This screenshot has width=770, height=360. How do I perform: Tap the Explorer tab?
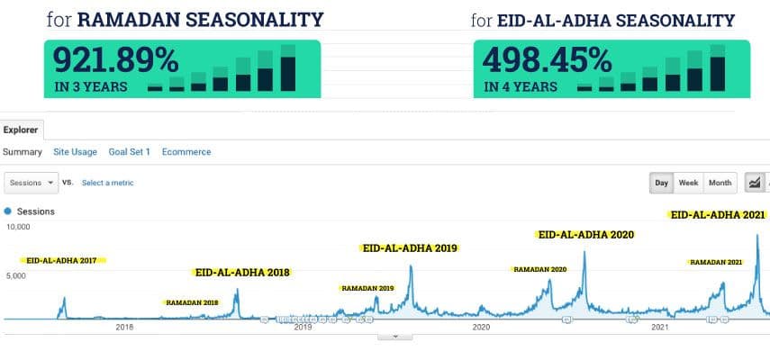coord(21,130)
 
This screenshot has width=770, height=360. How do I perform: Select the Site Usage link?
coord(75,152)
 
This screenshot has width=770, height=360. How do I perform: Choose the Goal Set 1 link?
coord(129,152)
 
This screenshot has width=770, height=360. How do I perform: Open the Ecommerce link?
coord(186,152)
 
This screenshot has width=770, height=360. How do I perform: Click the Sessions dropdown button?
coord(32,183)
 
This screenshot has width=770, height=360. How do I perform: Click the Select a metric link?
coord(107,183)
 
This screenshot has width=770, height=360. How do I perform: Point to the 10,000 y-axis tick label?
coord(19,228)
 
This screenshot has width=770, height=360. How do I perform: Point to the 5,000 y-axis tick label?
coord(19,276)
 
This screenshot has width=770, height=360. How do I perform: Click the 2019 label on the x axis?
coord(303,328)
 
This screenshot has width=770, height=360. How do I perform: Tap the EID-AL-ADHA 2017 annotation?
coord(61,260)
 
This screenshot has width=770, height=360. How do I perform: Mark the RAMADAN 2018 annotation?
coord(192,302)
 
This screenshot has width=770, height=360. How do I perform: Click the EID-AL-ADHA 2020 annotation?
coord(585,234)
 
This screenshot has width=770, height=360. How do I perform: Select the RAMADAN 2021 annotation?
coord(716,262)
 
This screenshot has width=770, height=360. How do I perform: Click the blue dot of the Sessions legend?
coord(9,211)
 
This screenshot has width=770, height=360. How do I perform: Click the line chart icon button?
coord(755,183)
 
